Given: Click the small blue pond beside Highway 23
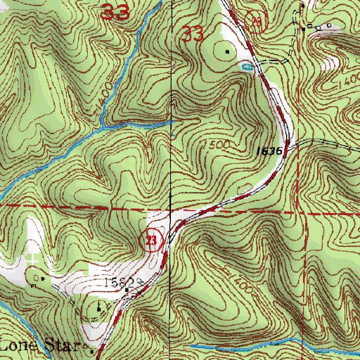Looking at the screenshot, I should click(245, 67).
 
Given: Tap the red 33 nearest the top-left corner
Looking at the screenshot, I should click(115, 12).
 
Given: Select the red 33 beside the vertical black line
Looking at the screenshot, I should click(193, 34).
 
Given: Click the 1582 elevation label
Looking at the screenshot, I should click(119, 282).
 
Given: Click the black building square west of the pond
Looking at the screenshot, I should click(227, 51).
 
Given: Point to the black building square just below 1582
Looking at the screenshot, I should click(126, 290).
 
